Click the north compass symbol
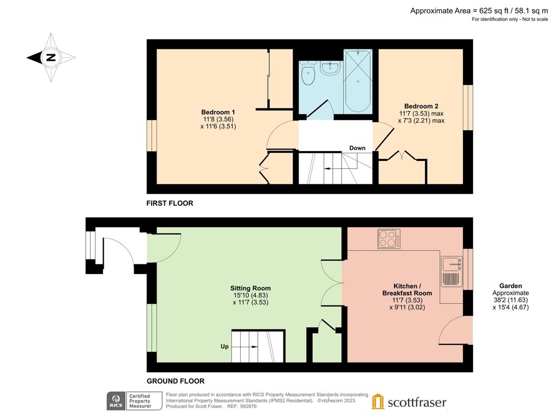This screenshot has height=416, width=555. [x=51, y=57]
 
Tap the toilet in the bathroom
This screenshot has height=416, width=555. [x=308, y=76]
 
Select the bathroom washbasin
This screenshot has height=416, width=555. [x=330, y=68]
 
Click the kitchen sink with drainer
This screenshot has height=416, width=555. [x=451, y=271]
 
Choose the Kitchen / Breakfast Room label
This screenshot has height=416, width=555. [x=405, y=289]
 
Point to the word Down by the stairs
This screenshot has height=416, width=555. [x=357, y=148]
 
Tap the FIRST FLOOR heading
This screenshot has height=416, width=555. [x=170, y=204]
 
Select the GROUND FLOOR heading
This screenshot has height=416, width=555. [x=175, y=381]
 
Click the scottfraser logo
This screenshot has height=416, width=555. [x=409, y=401]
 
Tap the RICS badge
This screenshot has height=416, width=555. [x=115, y=401]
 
